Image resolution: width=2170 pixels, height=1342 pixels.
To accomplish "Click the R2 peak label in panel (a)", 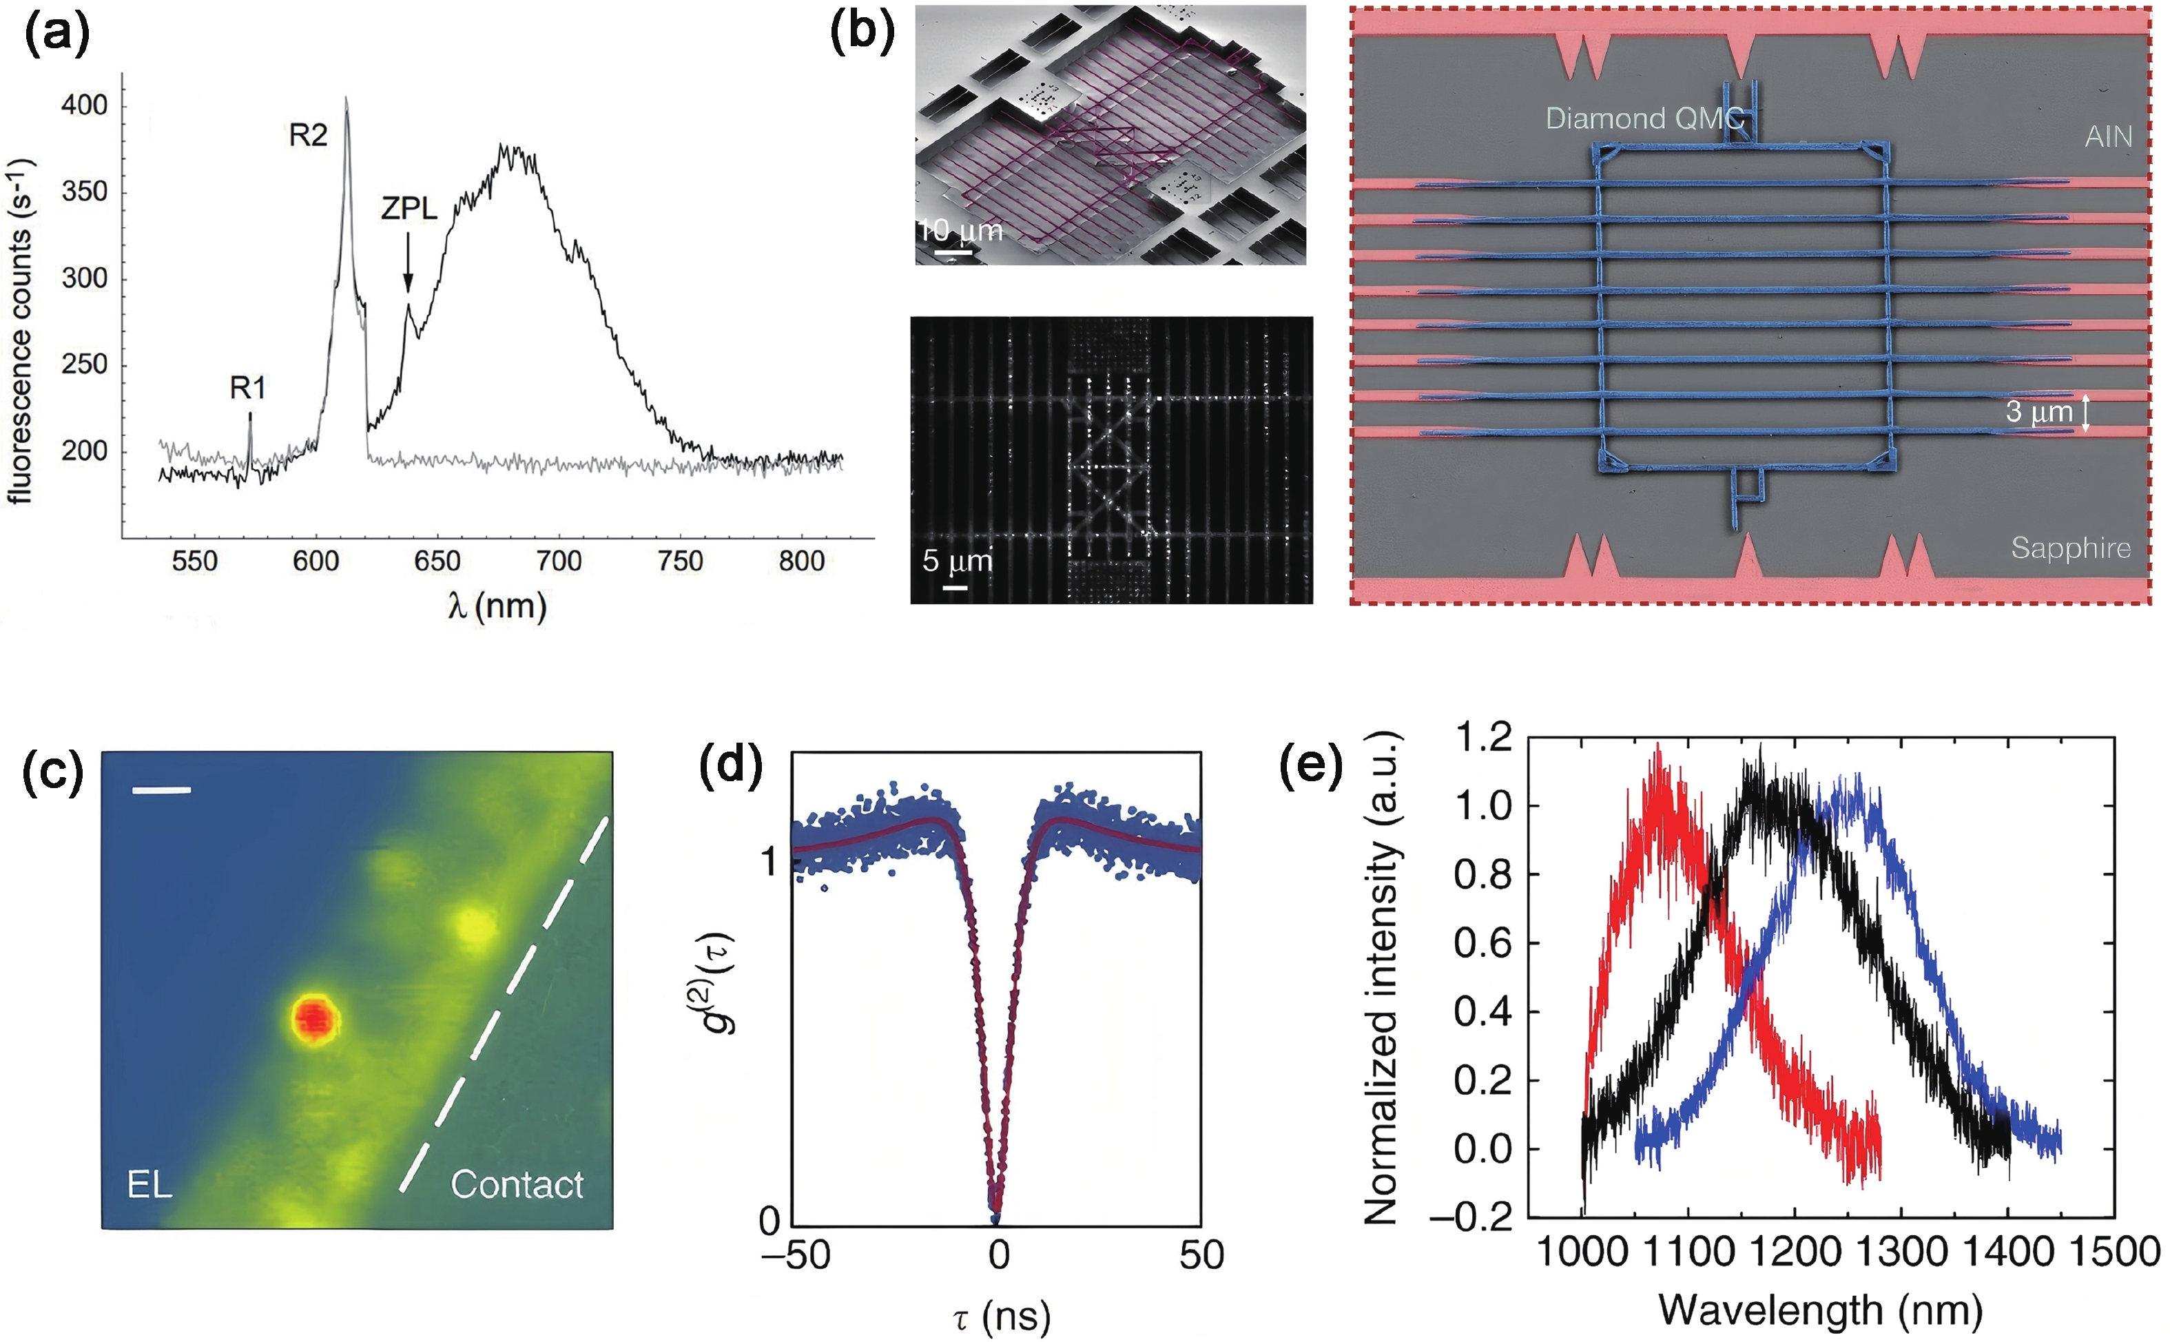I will pyautogui.click(x=308, y=136).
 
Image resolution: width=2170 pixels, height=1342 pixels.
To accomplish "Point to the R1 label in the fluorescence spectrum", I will pyautogui.click(x=247, y=388).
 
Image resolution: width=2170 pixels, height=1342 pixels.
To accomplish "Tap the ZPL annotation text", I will pyautogui.click(x=409, y=209).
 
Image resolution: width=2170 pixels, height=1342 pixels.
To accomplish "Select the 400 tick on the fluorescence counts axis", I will pyautogui.click(x=84, y=105).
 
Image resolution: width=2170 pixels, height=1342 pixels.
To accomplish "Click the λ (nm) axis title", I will pyautogui.click(x=497, y=606).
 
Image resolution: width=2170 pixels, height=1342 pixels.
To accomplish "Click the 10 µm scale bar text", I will pyautogui.click(x=960, y=231).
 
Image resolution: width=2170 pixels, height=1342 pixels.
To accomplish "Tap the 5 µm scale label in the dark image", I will pyautogui.click(x=957, y=561).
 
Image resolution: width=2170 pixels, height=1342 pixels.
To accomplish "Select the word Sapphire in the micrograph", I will pyautogui.click(x=2071, y=548).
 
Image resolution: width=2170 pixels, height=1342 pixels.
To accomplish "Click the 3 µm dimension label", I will pyautogui.click(x=2038, y=412).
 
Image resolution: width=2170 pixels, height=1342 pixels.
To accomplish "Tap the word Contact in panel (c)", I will pyautogui.click(x=517, y=1185).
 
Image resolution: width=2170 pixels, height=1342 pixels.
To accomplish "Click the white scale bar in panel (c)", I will pyautogui.click(x=161, y=789).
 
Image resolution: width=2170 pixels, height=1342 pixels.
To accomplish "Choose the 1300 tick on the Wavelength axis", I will pyautogui.click(x=1901, y=1252).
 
